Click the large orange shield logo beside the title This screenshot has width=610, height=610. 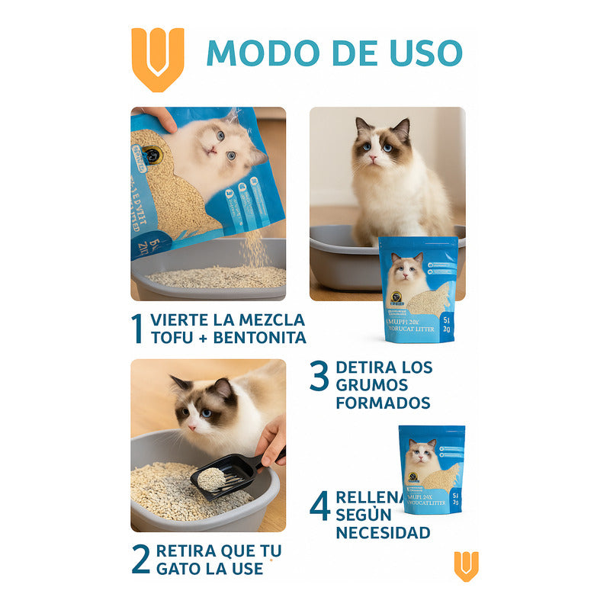tap(158, 57)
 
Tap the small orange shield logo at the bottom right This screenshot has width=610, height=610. tap(467, 566)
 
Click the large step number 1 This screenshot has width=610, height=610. tap(137, 329)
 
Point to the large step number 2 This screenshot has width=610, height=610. tap(140, 560)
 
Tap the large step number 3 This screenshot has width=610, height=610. tap(319, 377)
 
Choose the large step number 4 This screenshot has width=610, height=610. tap(319, 506)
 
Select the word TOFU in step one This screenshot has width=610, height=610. tap(172, 338)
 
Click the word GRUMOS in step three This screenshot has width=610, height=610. tap(371, 385)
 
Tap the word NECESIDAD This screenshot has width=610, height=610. tap(383, 532)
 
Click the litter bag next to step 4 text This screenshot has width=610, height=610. tap(432, 470)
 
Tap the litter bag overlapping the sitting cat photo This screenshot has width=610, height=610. tap(418, 288)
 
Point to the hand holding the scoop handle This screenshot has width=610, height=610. tap(271, 442)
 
